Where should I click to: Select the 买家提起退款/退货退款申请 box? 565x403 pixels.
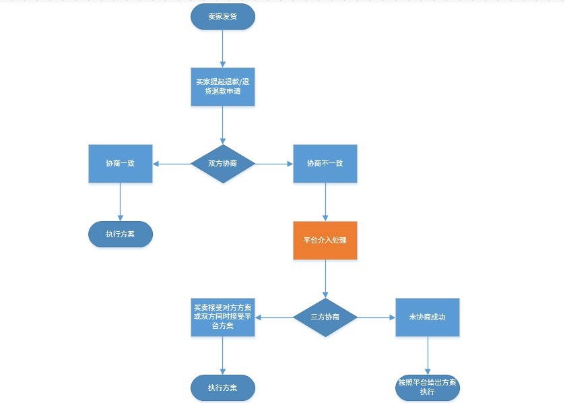pos(223,86)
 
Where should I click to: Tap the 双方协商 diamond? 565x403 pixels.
pos(223,164)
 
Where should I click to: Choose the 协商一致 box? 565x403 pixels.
pos(121,164)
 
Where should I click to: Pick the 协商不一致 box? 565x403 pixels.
pos(325,164)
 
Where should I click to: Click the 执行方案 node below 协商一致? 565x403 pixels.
pos(121,235)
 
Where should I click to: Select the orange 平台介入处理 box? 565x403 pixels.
pos(325,240)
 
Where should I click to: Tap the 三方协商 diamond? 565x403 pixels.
pos(325,317)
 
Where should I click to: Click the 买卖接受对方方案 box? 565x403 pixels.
pos(223,317)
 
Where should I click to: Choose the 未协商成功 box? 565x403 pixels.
pos(428,317)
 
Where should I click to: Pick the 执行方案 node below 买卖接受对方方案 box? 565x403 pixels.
pos(223,387)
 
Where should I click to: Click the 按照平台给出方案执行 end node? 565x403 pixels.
pos(428,387)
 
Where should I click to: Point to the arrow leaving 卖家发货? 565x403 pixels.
pos(223,49)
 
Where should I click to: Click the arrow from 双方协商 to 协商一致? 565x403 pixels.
pos(172,164)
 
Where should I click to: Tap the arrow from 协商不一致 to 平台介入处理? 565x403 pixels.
pos(325,202)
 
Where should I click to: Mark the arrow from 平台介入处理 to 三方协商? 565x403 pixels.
pos(325,278)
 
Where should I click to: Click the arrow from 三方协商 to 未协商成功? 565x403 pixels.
pos(376,317)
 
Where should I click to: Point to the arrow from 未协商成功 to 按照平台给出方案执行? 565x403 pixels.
pos(428,355)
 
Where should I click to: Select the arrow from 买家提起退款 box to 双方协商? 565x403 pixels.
pos(223,125)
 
